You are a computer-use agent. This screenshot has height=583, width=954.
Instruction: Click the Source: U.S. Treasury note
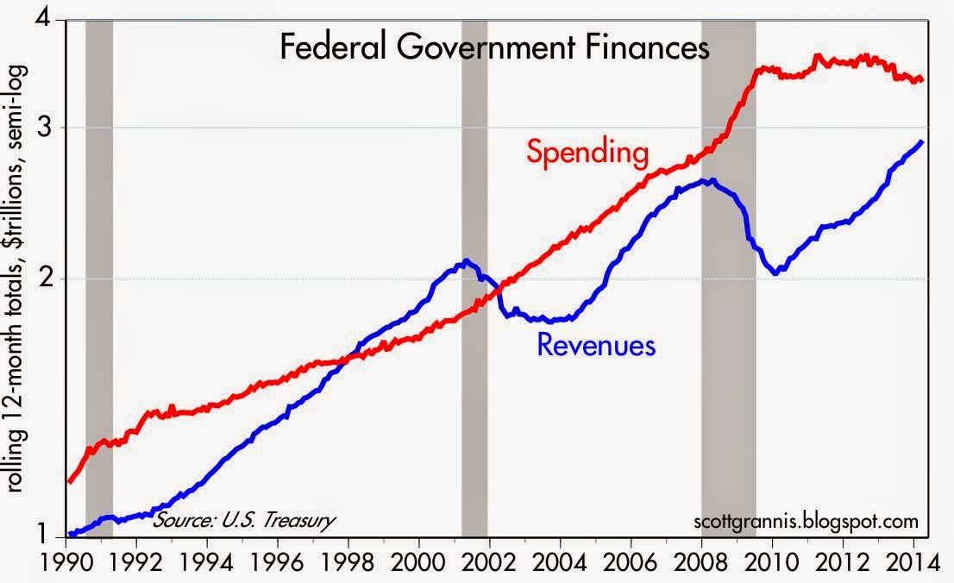tap(243, 520)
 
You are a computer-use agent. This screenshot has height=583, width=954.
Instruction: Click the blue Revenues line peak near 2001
tap(467, 260)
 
